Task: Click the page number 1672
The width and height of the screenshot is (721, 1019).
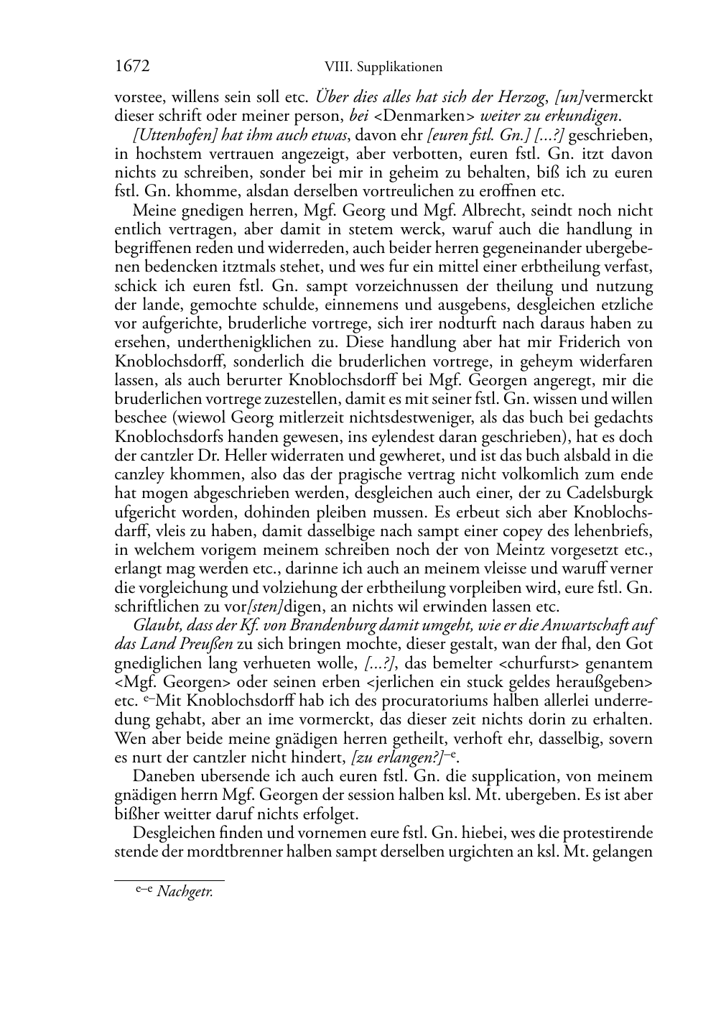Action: coord(131,67)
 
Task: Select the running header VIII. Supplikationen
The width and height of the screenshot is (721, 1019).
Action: coord(383,68)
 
